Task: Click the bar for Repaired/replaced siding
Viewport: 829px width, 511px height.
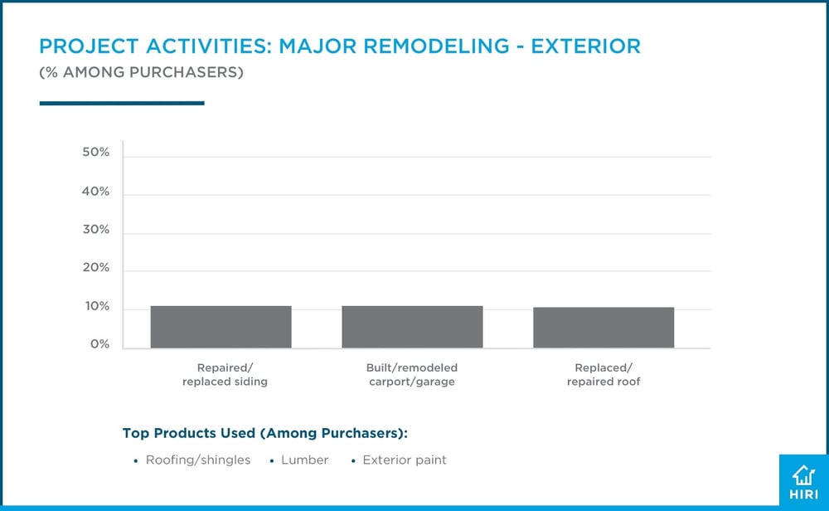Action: coord(221,327)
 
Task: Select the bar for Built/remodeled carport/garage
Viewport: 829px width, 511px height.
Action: coord(412,327)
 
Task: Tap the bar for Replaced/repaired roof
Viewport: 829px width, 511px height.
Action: coord(604,328)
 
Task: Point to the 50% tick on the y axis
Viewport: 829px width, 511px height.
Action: coord(96,153)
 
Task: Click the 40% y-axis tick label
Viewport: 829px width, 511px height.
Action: coord(96,192)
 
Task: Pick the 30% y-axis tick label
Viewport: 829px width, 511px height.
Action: coord(96,230)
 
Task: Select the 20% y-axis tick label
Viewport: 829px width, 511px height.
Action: coord(96,268)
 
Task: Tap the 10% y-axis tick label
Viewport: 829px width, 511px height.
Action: coord(96,307)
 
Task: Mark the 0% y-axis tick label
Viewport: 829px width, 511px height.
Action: coord(99,344)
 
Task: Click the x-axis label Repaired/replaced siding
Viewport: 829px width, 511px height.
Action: coord(221,375)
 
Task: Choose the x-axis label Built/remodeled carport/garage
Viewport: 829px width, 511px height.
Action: coord(412,375)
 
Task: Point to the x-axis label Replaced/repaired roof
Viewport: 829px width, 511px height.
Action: coord(604,375)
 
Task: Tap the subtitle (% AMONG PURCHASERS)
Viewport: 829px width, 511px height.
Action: coord(141,73)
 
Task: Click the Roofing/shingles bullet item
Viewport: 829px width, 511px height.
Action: coord(197,460)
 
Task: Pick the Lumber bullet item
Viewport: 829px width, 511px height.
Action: coord(305,460)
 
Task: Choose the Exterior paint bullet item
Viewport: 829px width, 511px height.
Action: coord(405,460)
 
